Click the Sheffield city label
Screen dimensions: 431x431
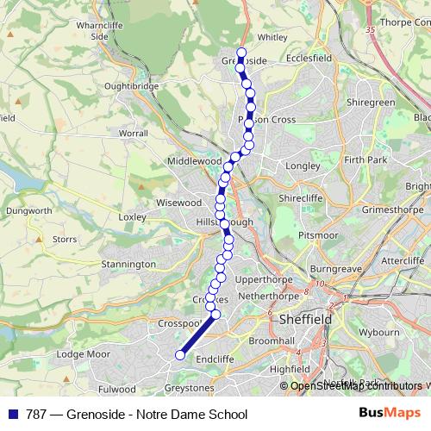(306, 319)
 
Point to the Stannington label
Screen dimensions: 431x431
(128, 264)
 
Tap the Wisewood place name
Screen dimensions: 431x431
(179, 203)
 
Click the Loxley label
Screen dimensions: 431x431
(134, 217)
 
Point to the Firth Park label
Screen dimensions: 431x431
(365, 160)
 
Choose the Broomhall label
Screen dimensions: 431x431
(272, 341)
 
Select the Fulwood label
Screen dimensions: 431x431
(118, 390)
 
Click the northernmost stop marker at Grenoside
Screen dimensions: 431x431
(241, 53)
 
